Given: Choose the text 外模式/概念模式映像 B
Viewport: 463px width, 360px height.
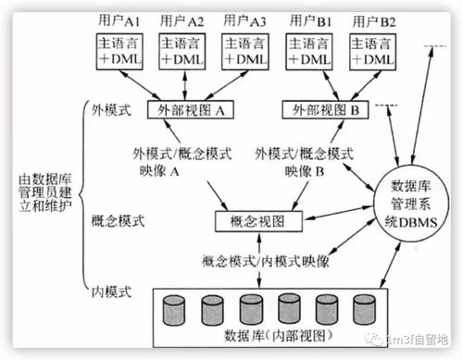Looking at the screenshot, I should click(306, 162).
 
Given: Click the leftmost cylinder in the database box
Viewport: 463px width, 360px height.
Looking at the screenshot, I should click(174, 308).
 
